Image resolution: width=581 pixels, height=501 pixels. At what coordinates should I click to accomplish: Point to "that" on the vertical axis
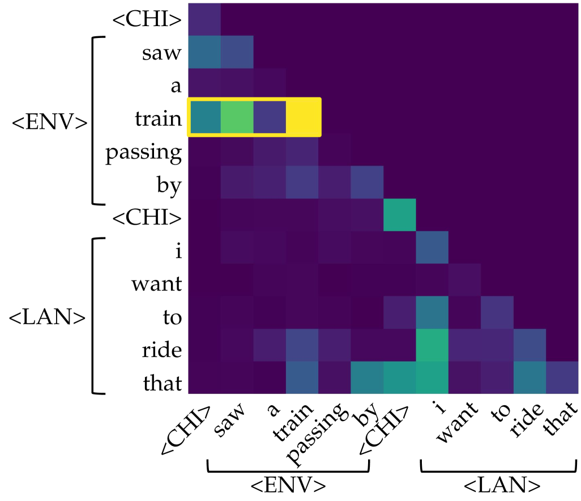click(x=164, y=383)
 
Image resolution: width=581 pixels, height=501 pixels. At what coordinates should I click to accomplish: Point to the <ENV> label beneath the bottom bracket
click(x=289, y=486)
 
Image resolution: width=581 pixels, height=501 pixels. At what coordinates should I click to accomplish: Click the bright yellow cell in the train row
click(x=303, y=117)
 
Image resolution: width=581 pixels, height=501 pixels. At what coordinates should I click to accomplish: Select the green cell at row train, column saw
click(x=237, y=117)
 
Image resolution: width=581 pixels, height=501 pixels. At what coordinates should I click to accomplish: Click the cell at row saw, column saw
click(x=237, y=52)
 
